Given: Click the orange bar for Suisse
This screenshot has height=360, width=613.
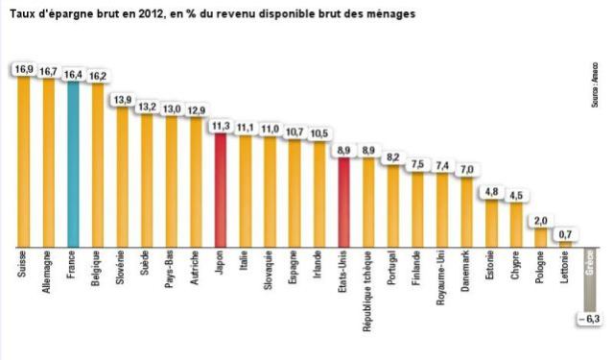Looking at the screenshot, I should click(x=22, y=163).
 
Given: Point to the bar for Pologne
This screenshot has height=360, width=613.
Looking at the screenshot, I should click(x=541, y=237).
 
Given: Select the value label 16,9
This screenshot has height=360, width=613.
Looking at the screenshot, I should click(x=22, y=69).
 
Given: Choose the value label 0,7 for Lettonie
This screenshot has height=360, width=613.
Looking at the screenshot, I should click(x=566, y=234).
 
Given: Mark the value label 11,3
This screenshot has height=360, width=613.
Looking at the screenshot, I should click(x=220, y=126).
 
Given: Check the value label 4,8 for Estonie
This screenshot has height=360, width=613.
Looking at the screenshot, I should click(x=491, y=191).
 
